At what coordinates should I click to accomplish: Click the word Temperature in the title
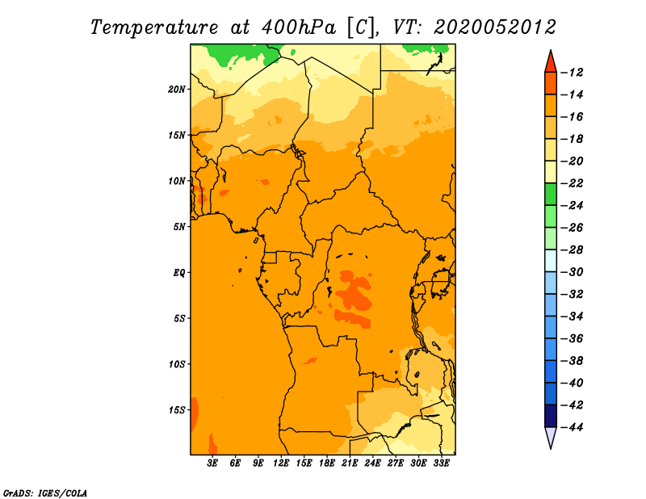154,27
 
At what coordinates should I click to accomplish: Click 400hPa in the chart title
298,27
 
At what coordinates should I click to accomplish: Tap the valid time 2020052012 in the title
494,27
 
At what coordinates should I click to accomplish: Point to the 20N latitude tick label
177,90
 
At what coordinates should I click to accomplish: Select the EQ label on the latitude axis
178,273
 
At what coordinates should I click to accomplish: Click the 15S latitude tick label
177,410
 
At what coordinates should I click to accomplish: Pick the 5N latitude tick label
179,227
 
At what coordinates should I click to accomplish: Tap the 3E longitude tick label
212,463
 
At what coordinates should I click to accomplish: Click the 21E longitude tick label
350,463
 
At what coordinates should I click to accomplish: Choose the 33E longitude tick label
441,463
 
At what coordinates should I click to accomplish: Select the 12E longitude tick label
281,463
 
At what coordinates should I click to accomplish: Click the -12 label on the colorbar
573,73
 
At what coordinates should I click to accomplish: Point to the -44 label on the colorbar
573,427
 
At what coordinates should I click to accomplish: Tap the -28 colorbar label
573,250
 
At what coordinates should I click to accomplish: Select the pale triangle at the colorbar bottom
551,436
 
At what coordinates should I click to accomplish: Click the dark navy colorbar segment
551,416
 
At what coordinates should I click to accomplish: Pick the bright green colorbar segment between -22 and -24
551,195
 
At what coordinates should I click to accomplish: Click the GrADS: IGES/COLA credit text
45,493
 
